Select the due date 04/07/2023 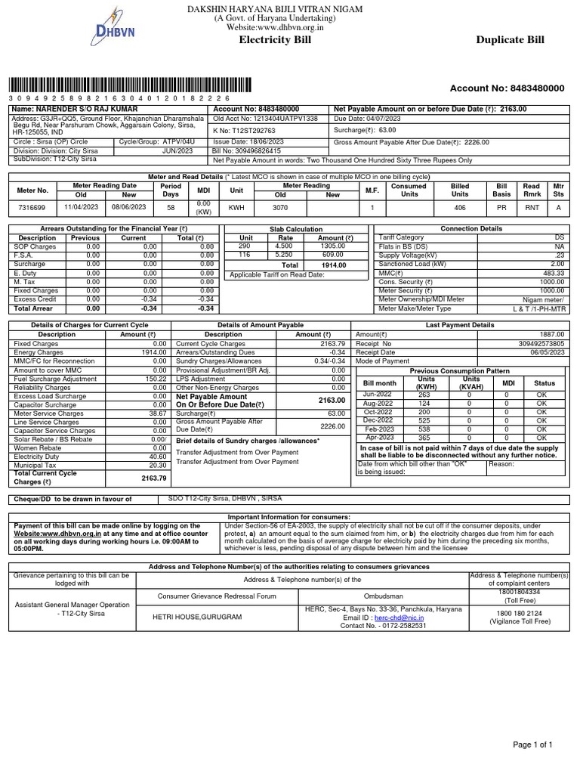tap(386, 119)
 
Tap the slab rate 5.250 tap(283, 255)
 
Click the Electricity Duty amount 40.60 tap(157, 457)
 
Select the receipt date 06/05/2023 tap(548, 351)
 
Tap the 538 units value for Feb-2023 tap(424, 429)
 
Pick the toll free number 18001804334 tap(520, 593)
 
